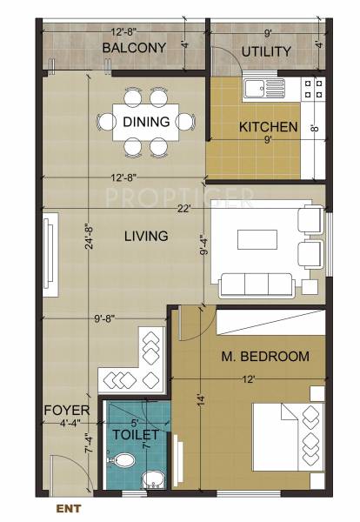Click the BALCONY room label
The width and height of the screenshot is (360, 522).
point(133,48)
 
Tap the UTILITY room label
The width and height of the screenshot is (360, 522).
point(265,51)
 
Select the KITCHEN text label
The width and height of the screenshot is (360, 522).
point(268,127)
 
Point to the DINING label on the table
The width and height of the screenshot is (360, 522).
point(146,122)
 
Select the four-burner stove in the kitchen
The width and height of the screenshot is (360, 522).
point(311,85)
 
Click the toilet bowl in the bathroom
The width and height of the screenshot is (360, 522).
point(123,462)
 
